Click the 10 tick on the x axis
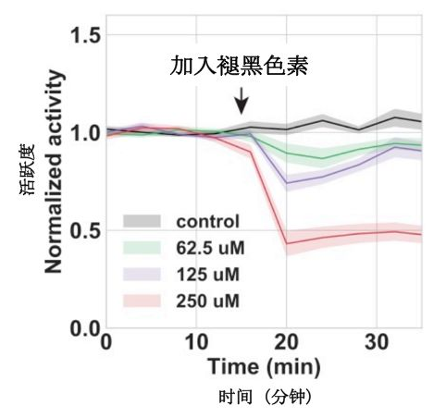pos(196,342)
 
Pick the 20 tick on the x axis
pos(287,342)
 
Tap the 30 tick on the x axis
pos(377,342)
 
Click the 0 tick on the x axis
pos(106,342)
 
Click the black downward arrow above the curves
pos(242,101)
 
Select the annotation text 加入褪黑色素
pos(239,66)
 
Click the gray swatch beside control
pos(142,221)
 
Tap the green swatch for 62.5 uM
pos(142,248)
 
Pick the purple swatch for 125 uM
pos(142,275)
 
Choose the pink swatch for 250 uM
pos(142,301)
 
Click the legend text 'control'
pos(208,221)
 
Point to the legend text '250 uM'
pos(208,301)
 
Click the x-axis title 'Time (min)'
pos(264,367)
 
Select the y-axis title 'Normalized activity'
pos(55,172)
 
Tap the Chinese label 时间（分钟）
pos(265,398)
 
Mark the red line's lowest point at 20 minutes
pos(287,244)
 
